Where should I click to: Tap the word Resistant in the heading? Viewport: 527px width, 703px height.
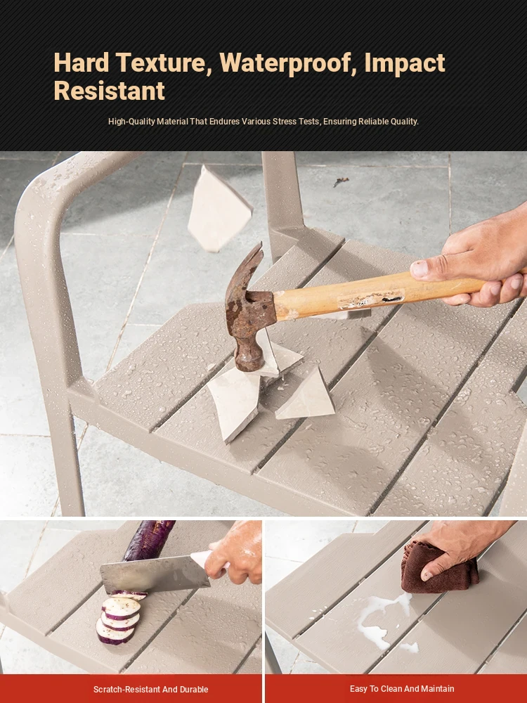(x=110, y=91)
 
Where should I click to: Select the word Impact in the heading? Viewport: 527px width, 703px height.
(x=405, y=63)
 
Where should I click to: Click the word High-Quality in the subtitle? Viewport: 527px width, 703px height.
(x=132, y=122)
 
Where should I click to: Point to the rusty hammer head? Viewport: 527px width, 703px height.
(x=248, y=309)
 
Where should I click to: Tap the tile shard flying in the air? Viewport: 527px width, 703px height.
(x=219, y=209)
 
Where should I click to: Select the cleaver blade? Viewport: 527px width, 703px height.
(x=155, y=574)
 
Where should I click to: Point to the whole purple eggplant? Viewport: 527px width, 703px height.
(x=149, y=540)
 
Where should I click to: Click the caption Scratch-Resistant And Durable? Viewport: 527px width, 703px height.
(x=150, y=690)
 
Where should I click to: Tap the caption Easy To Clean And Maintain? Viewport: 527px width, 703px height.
(x=402, y=689)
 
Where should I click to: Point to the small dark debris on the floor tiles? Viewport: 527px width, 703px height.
(x=341, y=181)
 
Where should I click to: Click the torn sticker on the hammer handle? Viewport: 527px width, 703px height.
(x=371, y=299)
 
